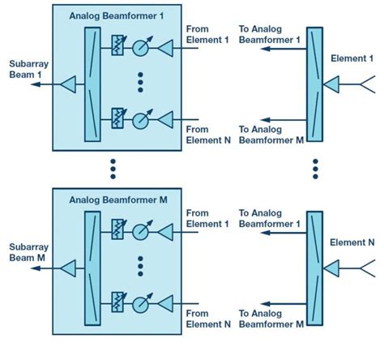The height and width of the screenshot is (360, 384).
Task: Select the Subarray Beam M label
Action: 25,252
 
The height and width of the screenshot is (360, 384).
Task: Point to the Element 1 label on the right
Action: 354,58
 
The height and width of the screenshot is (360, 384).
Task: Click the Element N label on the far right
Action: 354,242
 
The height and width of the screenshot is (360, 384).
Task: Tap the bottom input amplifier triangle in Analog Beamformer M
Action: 166,302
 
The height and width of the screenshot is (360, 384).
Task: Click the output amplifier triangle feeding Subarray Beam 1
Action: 68,84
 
